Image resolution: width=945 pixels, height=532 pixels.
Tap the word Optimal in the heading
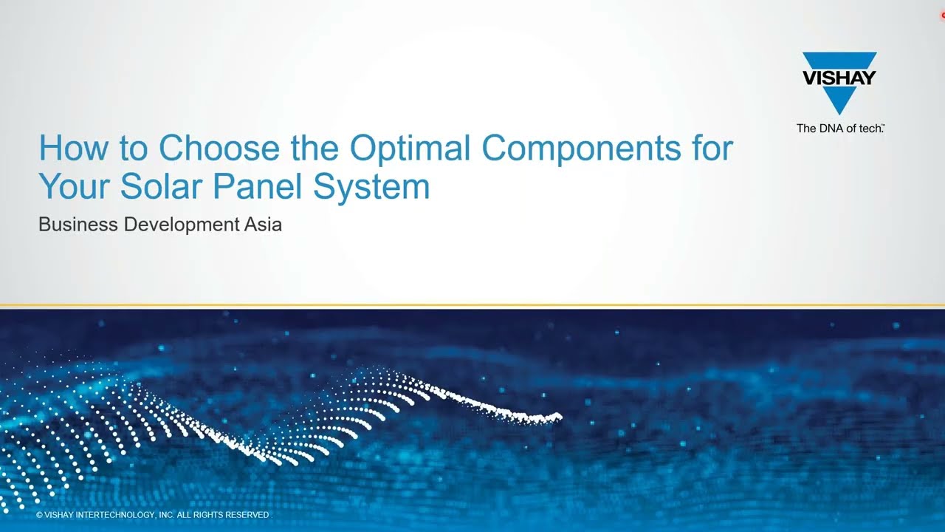pos(410,150)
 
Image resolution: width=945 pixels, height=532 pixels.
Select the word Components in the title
pos(581,150)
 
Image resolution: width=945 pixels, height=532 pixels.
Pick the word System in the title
pos(371,188)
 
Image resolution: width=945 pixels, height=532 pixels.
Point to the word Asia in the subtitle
pos(264,224)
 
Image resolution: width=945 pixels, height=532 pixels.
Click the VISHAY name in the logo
pos(839,78)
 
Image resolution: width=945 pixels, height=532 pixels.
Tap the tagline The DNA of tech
pos(840,129)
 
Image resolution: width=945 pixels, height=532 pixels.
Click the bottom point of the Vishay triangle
pos(839,115)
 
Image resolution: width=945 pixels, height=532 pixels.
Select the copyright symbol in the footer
pos(39,515)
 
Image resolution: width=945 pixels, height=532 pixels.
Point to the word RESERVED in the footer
pos(247,515)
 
